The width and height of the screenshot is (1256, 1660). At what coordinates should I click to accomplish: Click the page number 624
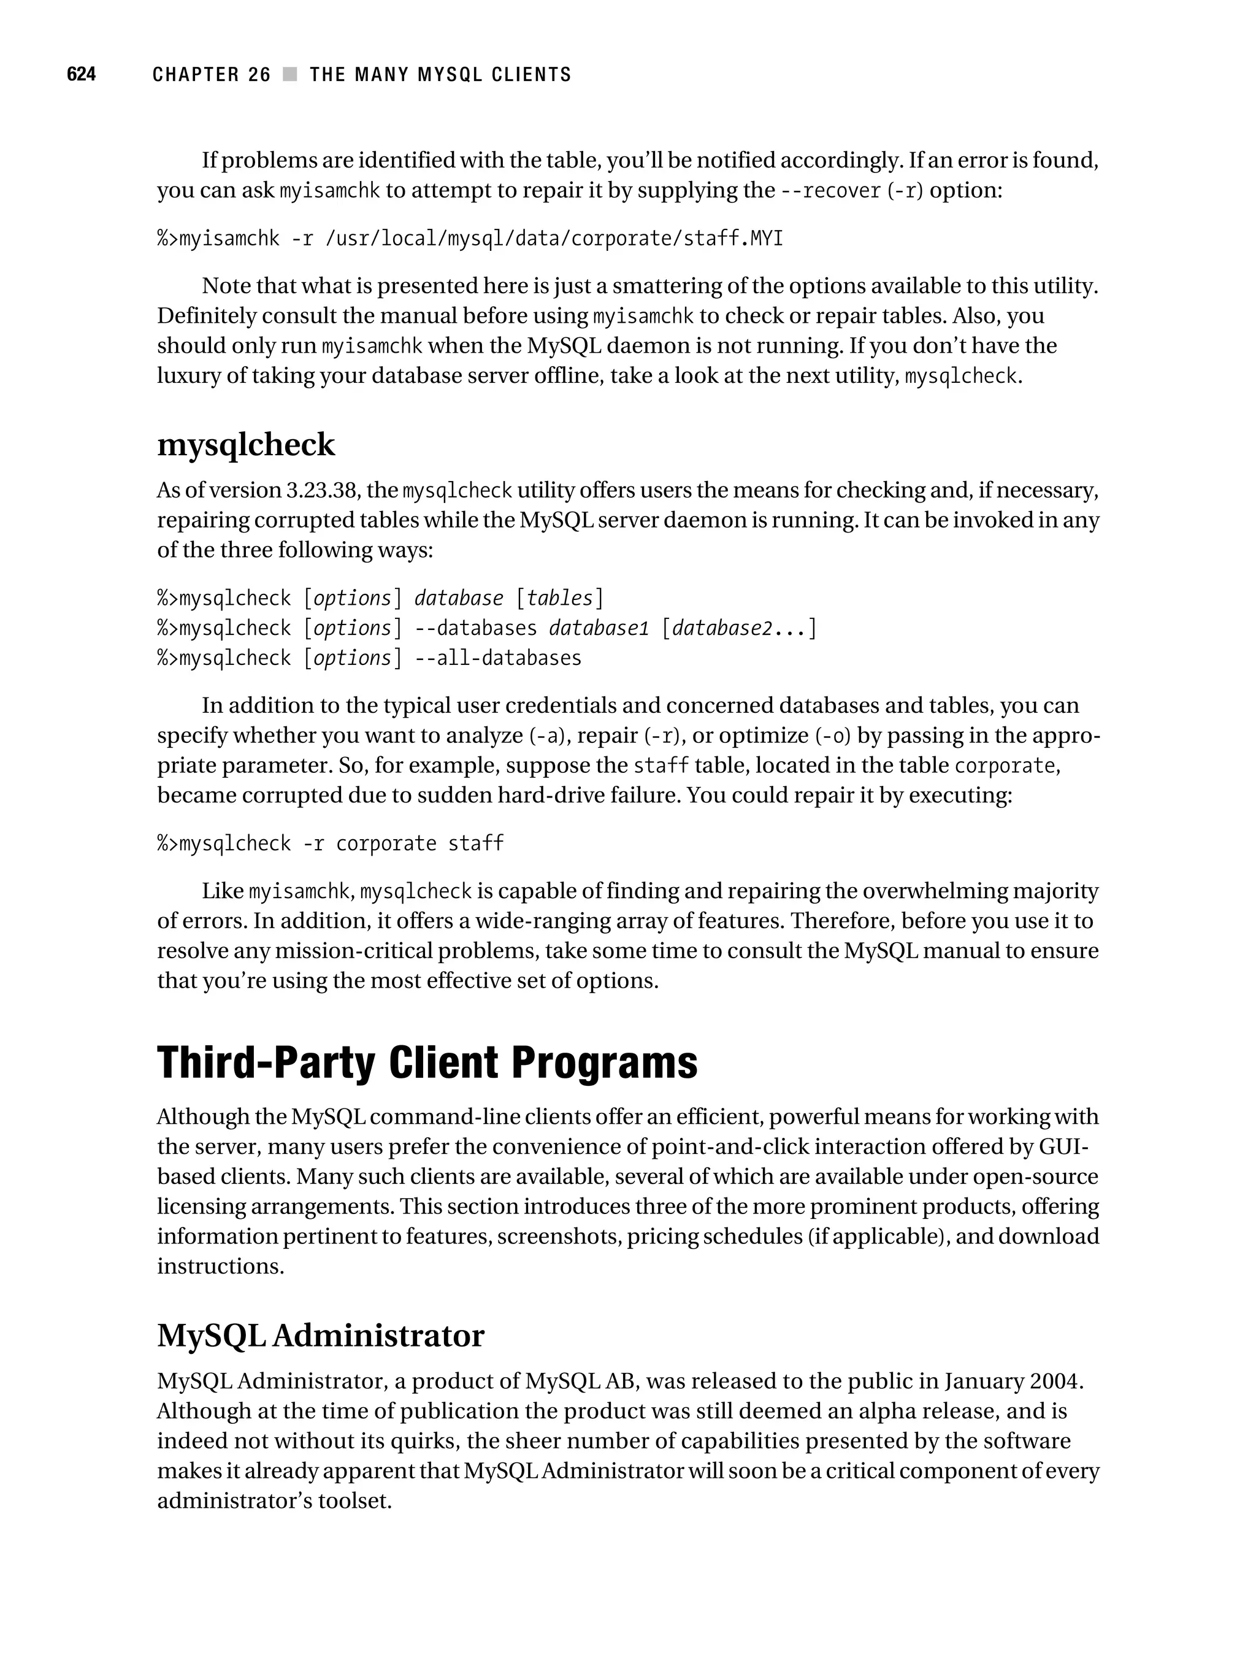(81, 74)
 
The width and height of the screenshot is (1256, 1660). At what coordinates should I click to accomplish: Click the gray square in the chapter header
(289, 74)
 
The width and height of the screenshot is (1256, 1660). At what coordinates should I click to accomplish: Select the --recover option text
(830, 191)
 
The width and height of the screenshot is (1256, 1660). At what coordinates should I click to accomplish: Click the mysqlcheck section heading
(245, 444)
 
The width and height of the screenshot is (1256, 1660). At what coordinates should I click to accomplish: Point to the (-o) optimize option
(833, 736)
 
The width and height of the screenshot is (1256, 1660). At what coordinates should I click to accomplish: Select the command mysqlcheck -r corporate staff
(330, 843)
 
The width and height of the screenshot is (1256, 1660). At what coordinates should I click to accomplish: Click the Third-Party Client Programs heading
(427, 1062)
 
